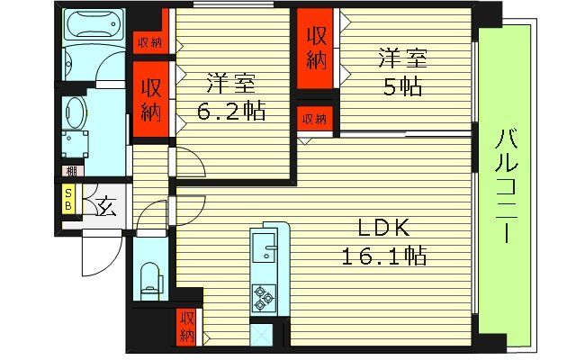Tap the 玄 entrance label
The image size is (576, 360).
click(x=105, y=206)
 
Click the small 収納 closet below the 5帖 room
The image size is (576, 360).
click(x=315, y=119)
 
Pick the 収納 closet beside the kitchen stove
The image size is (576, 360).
click(x=187, y=326)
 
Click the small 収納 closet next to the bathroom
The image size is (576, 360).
click(x=149, y=41)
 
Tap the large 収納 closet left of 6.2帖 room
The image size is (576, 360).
click(x=150, y=101)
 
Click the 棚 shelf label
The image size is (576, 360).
click(x=70, y=170)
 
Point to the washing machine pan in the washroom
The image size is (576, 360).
click(x=76, y=145)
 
